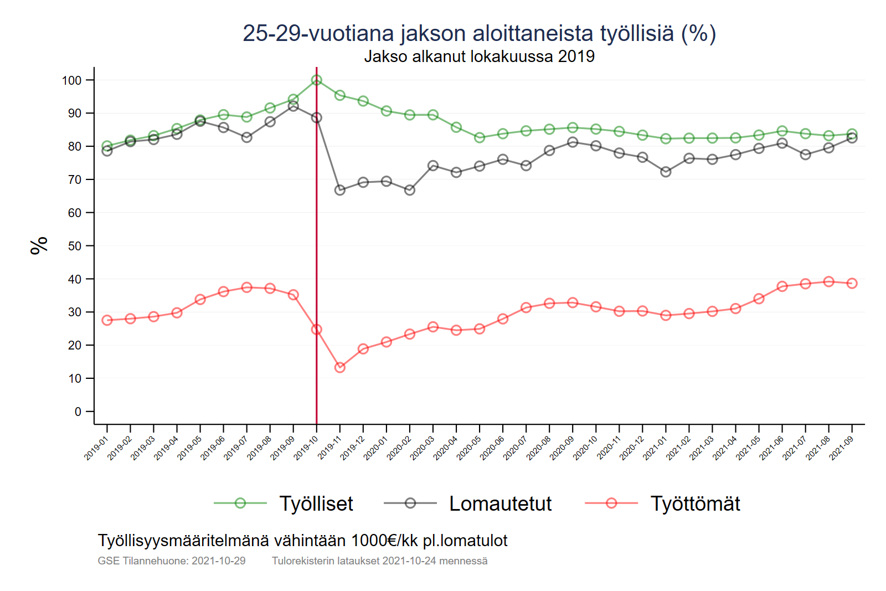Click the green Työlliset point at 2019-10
pyautogui.click(x=317, y=80)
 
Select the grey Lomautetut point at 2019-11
pyautogui.click(x=340, y=190)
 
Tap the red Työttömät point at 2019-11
pyautogui.click(x=340, y=367)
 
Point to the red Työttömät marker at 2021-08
pyautogui.click(x=829, y=281)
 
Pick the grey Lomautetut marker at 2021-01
pyautogui.click(x=666, y=172)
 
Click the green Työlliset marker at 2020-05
pyautogui.click(x=480, y=137)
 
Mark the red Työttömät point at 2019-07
pyautogui.click(x=247, y=287)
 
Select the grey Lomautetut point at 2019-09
pyautogui.click(x=293, y=106)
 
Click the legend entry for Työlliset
pyautogui.click(x=316, y=503)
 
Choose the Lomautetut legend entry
pyautogui.click(x=500, y=503)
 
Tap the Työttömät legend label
pyautogui.click(x=695, y=503)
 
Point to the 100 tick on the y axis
pyautogui.click(x=71, y=80)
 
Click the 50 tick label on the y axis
pyautogui.click(x=75, y=246)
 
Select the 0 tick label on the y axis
pyautogui.click(x=78, y=412)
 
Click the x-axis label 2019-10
pyautogui.click(x=306, y=448)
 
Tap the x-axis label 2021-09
pyautogui.click(x=842, y=448)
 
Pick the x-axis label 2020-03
pyautogui.click(x=423, y=448)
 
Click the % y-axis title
pyautogui.click(x=39, y=245)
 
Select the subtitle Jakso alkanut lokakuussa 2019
pyautogui.click(x=479, y=56)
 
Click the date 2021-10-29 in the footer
pyautogui.click(x=218, y=561)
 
